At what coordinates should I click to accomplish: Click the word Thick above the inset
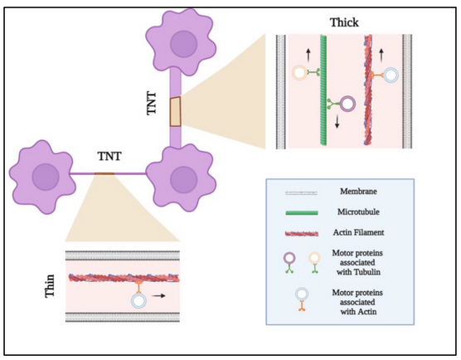point(344,22)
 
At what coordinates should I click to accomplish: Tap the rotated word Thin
point(50,286)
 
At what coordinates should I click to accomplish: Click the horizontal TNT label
point(109,156)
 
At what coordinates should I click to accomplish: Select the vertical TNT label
point(152,103)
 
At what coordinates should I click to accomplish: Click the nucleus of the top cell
point(184,44)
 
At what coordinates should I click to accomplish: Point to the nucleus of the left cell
point(46,177)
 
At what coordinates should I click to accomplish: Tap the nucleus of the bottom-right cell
point(183,180)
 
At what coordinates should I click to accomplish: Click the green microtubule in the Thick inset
point(323,90)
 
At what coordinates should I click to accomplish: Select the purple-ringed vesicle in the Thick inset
point(347,104)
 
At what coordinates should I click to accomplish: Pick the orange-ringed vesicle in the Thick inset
point(300,73)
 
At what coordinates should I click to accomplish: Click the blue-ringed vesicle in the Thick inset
point(391,75)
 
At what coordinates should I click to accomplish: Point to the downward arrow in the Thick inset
point(337,122)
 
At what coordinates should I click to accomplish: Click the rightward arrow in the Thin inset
point(158,295)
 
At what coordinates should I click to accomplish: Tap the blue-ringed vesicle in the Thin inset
point(138,300)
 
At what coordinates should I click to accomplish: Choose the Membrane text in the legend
point(358,192)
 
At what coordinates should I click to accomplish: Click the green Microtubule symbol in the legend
point(302,212)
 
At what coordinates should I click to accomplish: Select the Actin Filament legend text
point(358,232)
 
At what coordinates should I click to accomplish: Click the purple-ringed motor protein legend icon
point(289,263)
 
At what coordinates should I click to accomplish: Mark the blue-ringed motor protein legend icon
point(302,299)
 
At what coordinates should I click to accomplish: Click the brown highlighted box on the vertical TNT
point(175,111)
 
